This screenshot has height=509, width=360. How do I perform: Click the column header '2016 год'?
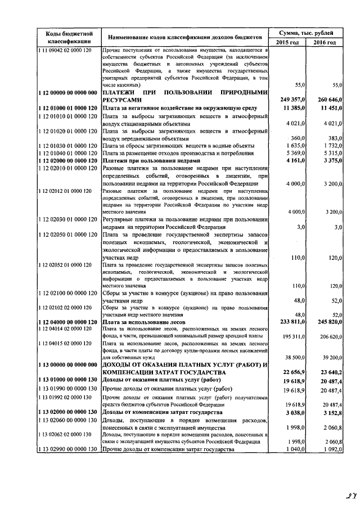click(325, 43)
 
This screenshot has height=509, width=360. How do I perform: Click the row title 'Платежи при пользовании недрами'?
click(151, 160)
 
